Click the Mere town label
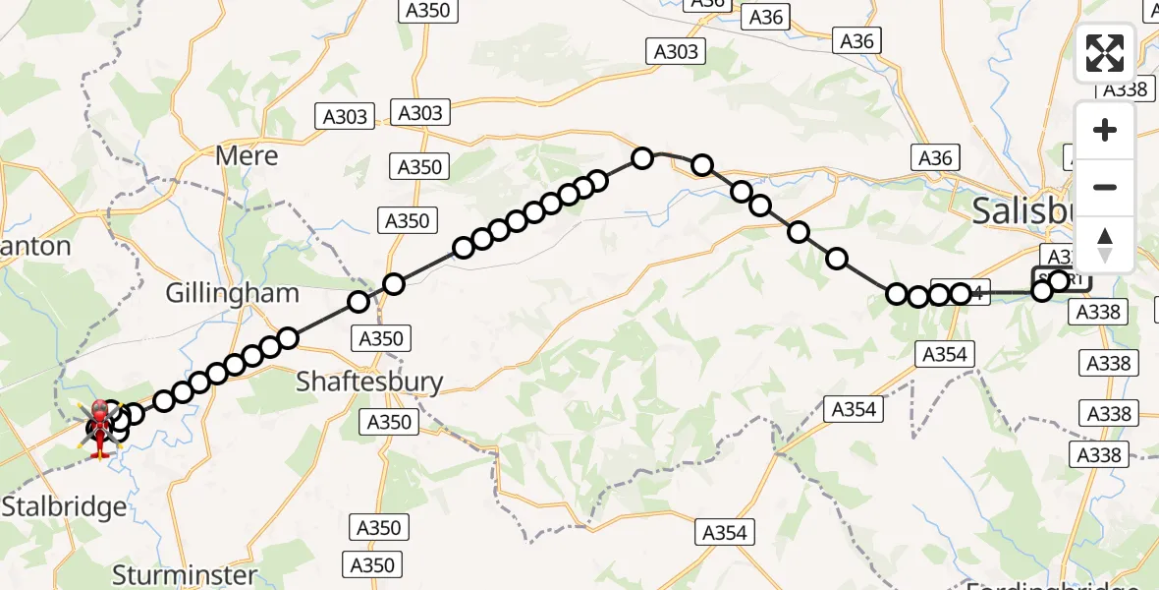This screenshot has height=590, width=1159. point(247,155)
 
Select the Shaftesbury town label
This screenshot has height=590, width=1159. point(369,382)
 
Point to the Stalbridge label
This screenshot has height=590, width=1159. point(64,507)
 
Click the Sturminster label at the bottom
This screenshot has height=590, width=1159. point(185,574)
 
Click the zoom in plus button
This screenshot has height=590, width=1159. point(1105,131)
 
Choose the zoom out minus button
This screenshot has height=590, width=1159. point(1105,187)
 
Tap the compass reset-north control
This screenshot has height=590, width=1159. point(1105,243)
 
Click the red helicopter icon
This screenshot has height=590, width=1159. point(100,429)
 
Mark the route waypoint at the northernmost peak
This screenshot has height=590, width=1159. point(642,157)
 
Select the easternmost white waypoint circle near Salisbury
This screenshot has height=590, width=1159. point(1059,281)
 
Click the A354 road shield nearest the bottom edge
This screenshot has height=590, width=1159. point(725,532)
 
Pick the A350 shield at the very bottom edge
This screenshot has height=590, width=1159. point(371,564)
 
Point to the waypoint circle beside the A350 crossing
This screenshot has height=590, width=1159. point(394,284)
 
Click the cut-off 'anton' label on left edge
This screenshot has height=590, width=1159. point(35,246)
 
